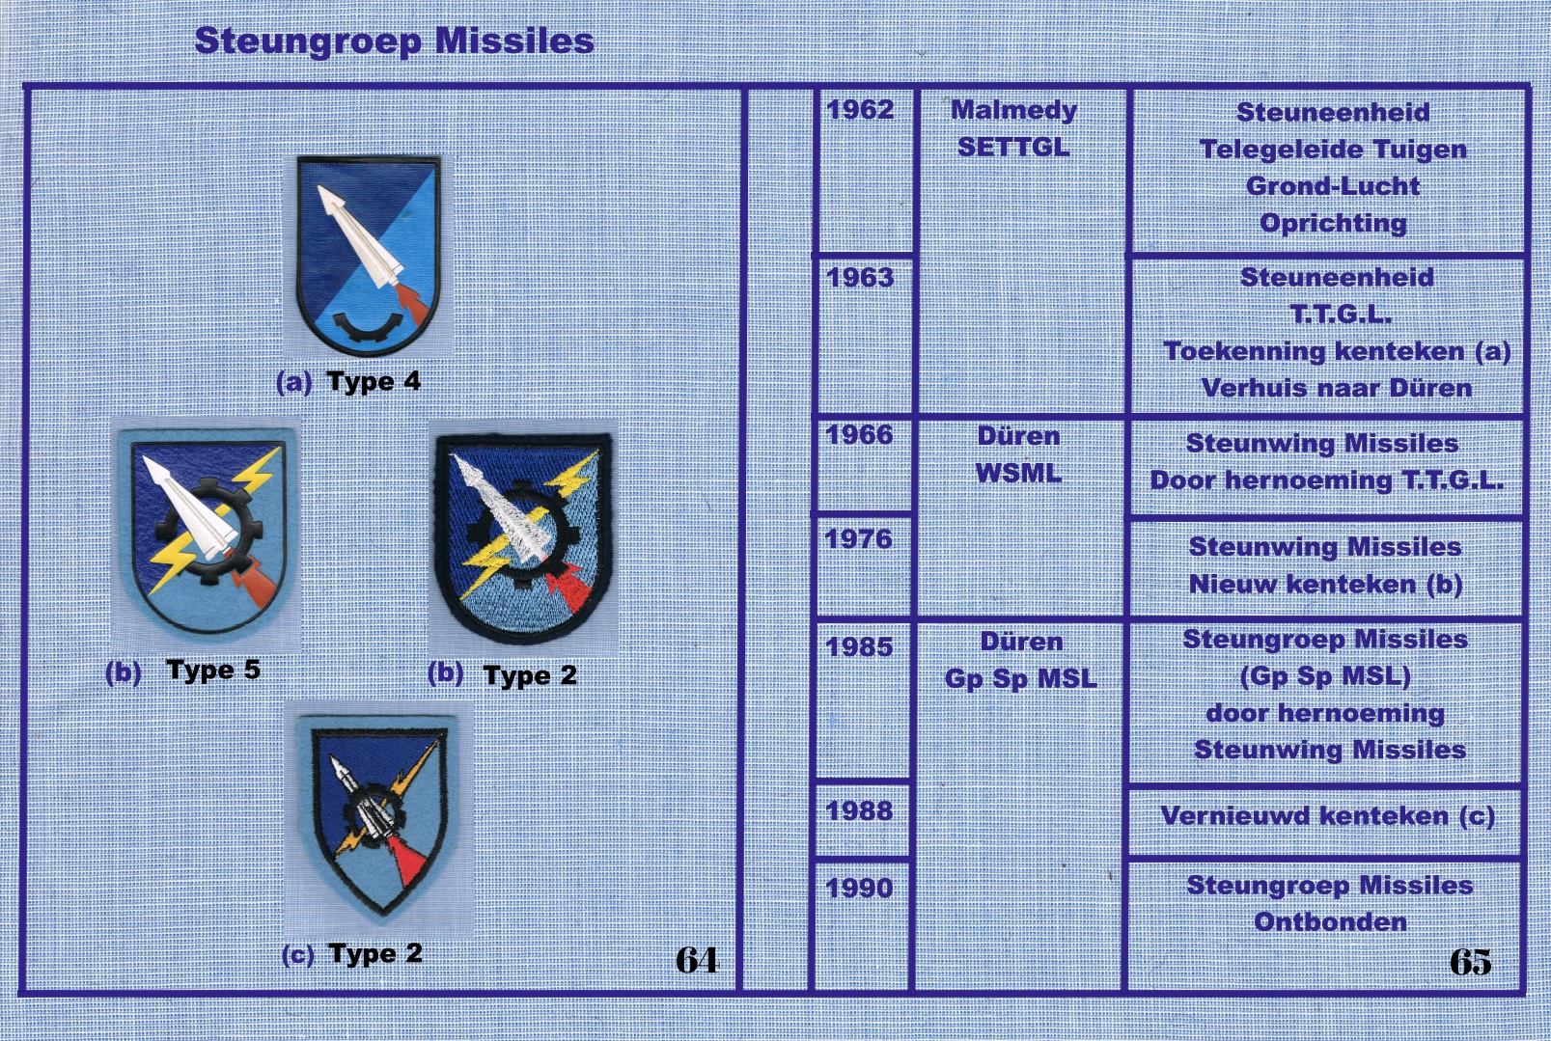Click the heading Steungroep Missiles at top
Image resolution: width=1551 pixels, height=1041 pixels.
[x=394, y=41]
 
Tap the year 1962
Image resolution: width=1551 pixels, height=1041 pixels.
[x=860, y=110]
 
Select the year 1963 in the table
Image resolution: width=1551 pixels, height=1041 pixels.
[x=860, y=278]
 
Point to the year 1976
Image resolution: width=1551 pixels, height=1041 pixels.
[x=859, y=539]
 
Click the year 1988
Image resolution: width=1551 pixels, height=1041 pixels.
[x=860, y=810]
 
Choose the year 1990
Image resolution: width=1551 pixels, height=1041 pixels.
[x=860, y=888]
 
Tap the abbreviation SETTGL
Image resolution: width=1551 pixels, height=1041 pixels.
[x=1013, y=147]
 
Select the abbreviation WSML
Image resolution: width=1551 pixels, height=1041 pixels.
[x=1018, y=474]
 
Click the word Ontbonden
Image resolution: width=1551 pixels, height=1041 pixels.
[x=1330, y=922]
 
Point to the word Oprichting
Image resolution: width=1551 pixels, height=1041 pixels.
[x=1333, y=224]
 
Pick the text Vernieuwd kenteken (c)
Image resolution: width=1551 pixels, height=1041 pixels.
[x=1327, y=816]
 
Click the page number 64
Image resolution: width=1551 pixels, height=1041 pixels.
[x=697, y=960]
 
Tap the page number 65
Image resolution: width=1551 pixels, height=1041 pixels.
[x=1471, y=961]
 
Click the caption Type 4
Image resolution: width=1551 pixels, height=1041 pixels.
[x=374, y=382]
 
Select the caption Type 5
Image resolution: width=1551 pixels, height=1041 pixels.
[x=213, y=670]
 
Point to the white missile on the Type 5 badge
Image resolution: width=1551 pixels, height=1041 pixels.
[x=188, y=508]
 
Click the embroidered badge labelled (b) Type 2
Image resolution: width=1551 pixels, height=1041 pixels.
[x=523, y=537]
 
